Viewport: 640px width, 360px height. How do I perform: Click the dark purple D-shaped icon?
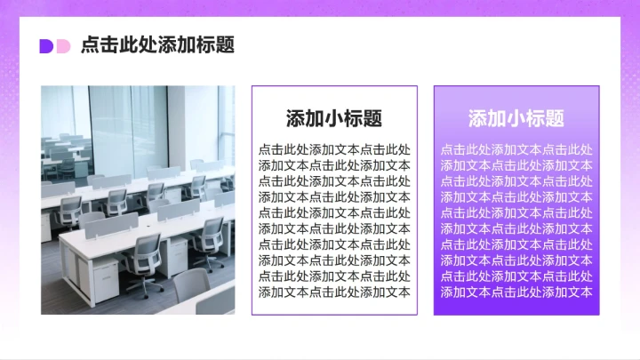46,46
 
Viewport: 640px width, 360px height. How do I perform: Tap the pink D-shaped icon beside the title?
62,46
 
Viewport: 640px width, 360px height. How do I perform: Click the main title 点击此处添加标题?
157,45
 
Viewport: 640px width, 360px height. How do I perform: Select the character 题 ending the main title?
226,45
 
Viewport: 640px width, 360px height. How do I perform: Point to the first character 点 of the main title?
90,45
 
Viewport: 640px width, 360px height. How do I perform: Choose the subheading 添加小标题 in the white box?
334,118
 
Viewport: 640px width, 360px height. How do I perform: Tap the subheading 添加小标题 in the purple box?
516,118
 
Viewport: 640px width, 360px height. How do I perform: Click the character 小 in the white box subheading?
334,118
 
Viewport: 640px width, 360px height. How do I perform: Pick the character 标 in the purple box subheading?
536,118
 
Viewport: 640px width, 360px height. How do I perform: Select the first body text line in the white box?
334,149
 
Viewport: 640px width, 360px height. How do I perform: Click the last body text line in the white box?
334,292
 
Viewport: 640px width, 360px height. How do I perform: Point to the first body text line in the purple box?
516,149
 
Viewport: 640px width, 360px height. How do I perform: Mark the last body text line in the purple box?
516,292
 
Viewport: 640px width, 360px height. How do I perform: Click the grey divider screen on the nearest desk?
111,224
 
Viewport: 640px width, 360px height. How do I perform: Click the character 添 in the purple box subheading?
477,118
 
